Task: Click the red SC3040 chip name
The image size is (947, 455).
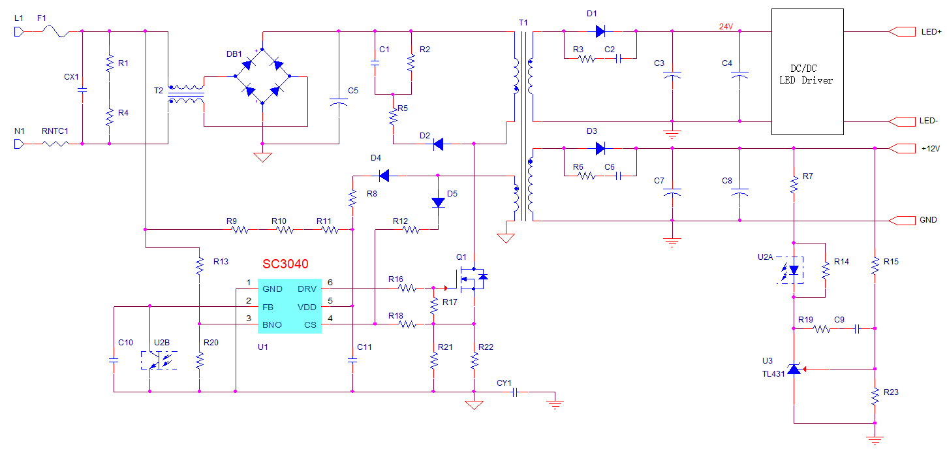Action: (x=285, y=264)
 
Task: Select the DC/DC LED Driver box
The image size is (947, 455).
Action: (x=807, y=72)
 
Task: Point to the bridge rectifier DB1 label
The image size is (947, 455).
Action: (x=234, y=54)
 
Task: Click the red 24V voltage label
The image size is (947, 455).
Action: (x=726, y=27)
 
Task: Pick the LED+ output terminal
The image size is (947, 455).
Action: (x=902, y=32)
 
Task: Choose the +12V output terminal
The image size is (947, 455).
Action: (x=902, y=148)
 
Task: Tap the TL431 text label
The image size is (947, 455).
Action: (x=773, y=374)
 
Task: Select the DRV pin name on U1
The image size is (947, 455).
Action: (x=307, y=289)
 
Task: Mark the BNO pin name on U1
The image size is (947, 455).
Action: (x=272, y=324)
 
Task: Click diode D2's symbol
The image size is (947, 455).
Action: (x=439, y=144)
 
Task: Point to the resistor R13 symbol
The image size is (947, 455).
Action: (x=200, y=266)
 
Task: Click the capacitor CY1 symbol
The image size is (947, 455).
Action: (x=515, y=393)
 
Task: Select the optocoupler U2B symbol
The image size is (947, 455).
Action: (x=159, y=360)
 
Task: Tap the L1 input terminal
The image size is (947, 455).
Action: (x=19, y=32)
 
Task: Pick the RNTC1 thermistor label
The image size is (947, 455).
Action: (x=55, y=131)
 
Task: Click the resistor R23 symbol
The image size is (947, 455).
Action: (x=875, y=397)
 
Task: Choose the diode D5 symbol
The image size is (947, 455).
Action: (x=439, y=202)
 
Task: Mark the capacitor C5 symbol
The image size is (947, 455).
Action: (x=339, y=102)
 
